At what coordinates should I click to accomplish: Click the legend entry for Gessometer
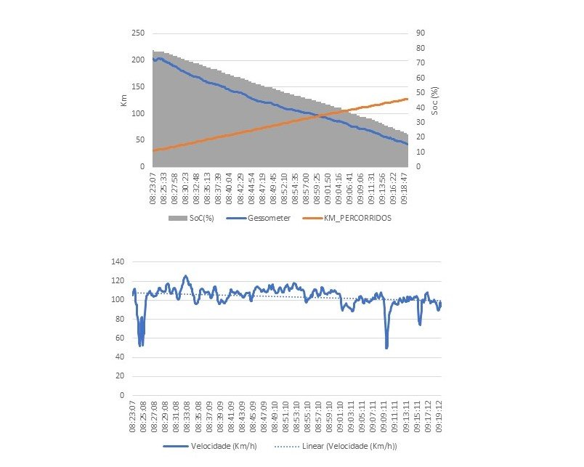coord(259,217)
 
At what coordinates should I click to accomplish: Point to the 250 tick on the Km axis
coord(138,33)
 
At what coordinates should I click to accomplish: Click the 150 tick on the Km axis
coord(138,87)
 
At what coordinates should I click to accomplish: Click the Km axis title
coord(123,99)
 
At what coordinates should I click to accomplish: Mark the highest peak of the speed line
coord(185,276)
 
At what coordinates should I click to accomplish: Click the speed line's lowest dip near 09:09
coord(386,347)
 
